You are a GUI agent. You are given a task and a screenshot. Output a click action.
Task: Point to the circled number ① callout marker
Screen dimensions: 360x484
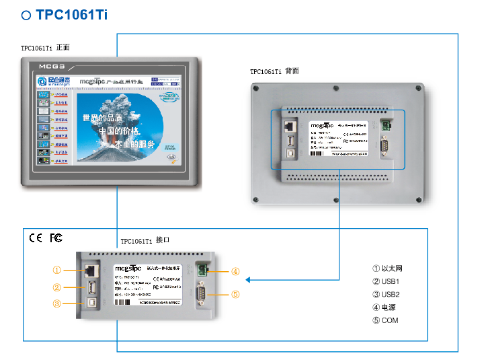coord(57,270)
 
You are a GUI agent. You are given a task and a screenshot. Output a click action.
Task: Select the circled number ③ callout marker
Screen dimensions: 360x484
coord(57,303)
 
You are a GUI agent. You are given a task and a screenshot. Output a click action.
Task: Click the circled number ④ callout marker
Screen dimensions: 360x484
coord(235,272)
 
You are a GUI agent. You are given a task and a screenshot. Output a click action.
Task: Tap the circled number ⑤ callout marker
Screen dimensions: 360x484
coord(235,294)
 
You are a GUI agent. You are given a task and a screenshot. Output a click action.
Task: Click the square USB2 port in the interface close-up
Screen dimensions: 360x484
coord(89,303)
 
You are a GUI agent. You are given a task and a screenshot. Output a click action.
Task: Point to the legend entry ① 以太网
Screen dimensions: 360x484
coord(388,269)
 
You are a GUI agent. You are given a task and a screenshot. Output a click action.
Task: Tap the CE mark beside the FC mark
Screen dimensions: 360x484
coord(35,238)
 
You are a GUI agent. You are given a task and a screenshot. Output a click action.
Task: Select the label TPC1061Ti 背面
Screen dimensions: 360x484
coord(274,71)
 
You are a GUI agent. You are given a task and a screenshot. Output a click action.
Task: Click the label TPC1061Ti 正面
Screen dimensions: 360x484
coord(45,48)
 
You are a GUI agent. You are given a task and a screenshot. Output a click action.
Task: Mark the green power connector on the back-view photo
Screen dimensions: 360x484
coord(385,124)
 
